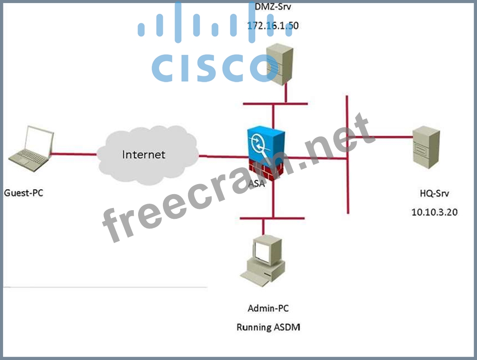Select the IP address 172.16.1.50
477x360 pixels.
click(273, 26)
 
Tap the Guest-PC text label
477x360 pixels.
click(23, 192)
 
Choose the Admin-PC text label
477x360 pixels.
click(268, 308)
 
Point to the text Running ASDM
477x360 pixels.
click(268, 327)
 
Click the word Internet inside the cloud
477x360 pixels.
click(143, 154)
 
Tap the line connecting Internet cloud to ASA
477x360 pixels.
click(222, 155)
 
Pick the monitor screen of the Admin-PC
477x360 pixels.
click(263, 251)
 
